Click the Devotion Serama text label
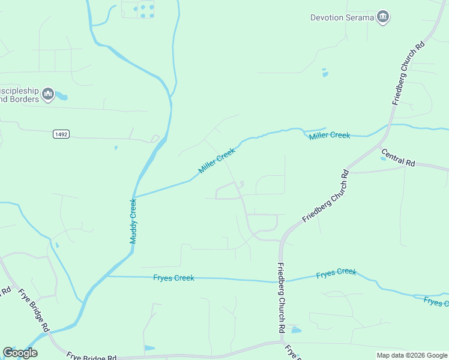pyautogui.click(x=342, y=17)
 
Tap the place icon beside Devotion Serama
pyautogui.click(x=383, y=17)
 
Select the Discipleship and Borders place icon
pyautogui.click(x=48, y=94)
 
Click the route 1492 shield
pyautogui.click(x=61, y=134)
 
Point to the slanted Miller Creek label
pyautogui.click(x=217, y=161)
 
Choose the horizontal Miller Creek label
pyautogui.click(x=330, y=136)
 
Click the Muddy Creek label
pyautogui.click(x=133, y=221)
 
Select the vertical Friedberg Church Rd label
pyautogui.click(x=280, y=298)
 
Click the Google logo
pyautogui.click(x=20, y=353)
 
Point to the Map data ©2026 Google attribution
pyautogui.click(x=412, y=355)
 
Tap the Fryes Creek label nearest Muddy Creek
pyautogui.click(x=173, y=278)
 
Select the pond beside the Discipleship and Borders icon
pyautogui.click(x=61, y=96)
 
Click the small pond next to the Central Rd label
pyautogui.click(x=383, y=158)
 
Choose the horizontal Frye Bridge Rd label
pyautogui.click(x=91, y=355)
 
